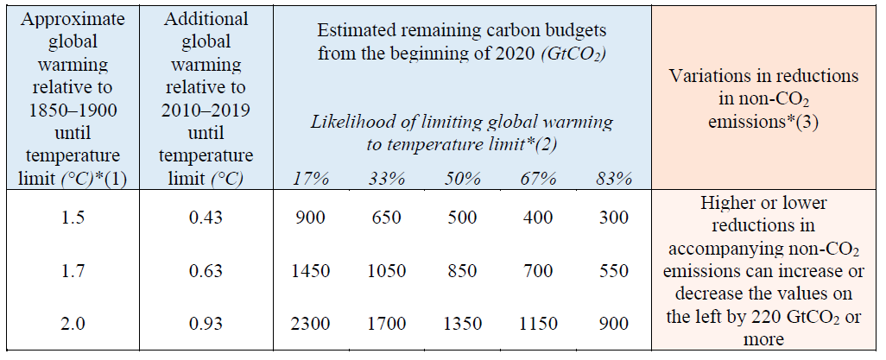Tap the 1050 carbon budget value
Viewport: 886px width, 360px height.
point(385,271)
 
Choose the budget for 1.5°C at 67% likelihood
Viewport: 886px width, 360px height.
point(538,218)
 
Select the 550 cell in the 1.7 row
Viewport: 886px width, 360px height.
point(613,271)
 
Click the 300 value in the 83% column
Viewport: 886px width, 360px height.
point(613,218)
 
